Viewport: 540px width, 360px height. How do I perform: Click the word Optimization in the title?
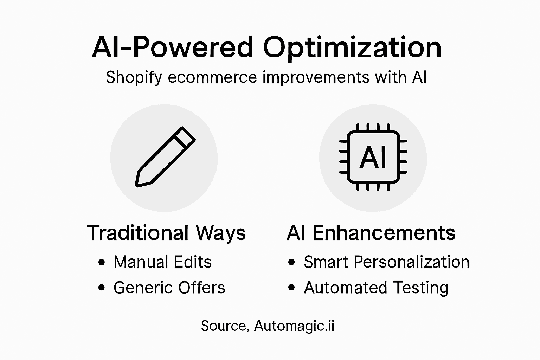(352, 48)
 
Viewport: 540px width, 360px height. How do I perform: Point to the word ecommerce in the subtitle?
(212, 77)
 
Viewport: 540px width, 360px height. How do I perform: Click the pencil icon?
(165, 157)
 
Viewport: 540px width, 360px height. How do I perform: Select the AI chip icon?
(373, 157)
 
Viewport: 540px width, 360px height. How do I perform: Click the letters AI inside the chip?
(373, 157)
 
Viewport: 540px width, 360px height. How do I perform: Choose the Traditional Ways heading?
(166, 233)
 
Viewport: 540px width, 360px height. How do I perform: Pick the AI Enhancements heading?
(371, 233)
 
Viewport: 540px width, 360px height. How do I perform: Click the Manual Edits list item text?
(162, 262)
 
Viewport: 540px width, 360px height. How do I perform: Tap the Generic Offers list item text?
(169, 288)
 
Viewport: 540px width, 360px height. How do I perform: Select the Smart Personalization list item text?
(386, 262)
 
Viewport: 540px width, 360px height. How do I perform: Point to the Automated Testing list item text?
(376, 288)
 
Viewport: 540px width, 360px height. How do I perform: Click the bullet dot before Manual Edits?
(102, 262)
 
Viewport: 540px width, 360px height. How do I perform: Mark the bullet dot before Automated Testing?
(291, 288)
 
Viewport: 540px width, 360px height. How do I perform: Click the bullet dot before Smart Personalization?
(291, 262)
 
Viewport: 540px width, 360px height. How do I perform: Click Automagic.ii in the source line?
(294, 326)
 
